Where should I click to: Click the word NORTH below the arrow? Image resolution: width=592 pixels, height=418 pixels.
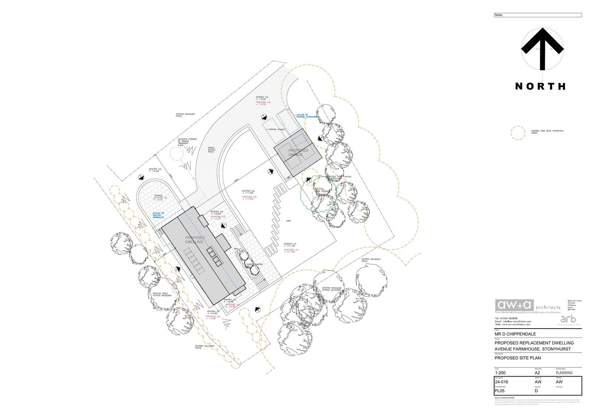tap(540, 86)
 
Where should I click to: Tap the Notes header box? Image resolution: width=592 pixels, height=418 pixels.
tap(538, 15)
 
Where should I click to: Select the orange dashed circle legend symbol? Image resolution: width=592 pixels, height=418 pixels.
tap(518, 133)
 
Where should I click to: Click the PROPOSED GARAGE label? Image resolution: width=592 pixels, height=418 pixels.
tap(298, 153)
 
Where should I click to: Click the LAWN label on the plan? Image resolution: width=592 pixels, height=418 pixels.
tap(288, 221)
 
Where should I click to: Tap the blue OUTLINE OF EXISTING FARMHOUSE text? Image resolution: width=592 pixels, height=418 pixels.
tap(158, 215)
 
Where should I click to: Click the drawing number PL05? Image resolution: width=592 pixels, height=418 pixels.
tap(499, 391)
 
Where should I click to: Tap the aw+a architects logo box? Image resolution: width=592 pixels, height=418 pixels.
tap(515, 305)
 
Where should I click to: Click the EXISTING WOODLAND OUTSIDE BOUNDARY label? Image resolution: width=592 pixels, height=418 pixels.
tap(332, 289)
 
